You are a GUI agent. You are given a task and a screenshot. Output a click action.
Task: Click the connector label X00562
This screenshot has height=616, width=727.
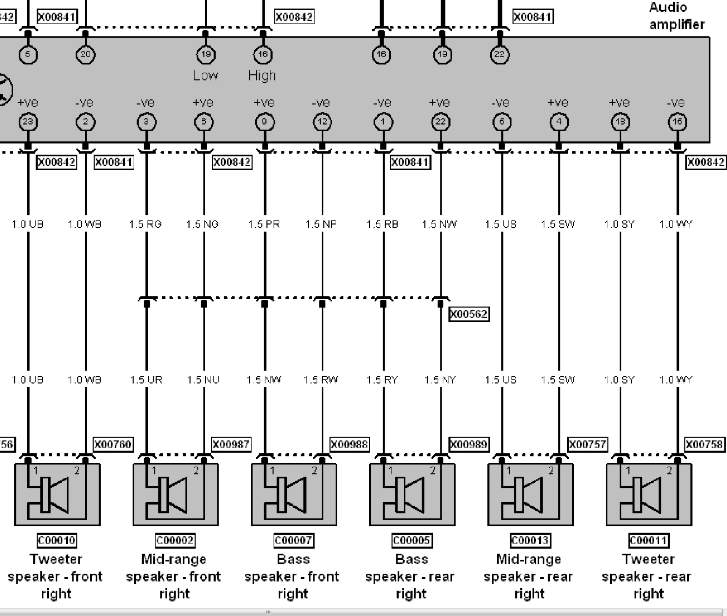tap(469, 314)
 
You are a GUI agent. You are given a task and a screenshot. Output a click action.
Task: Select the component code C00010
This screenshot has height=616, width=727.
tap(57, 540)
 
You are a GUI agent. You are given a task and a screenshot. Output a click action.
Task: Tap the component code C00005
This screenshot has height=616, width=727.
tap(411, 540)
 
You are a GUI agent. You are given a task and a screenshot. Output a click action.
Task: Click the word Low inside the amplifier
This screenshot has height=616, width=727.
tap(206, 76)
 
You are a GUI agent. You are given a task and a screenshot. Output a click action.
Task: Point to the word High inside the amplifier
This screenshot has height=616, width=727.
tap(262, 76)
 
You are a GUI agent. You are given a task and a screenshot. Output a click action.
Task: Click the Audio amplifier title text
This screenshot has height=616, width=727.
tap(676, 16)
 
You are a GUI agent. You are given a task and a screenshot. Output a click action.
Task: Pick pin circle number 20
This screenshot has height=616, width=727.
tap(85, 54)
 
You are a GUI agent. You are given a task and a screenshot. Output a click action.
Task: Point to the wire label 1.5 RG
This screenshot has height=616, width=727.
tap(146, 224)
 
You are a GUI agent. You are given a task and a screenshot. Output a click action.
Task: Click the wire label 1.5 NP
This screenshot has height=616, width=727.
tap(321, 224)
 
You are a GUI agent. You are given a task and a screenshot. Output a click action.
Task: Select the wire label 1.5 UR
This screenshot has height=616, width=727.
tap(146, 379)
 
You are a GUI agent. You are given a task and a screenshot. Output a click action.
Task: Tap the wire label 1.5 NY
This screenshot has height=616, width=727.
tap(440, 379)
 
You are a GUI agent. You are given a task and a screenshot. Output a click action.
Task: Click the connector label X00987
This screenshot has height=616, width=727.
tap(231, 444)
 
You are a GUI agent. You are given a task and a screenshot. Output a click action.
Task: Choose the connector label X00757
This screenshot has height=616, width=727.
tap(587, 444)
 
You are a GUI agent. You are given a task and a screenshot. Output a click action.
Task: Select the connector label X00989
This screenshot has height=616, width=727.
tap(469, 444)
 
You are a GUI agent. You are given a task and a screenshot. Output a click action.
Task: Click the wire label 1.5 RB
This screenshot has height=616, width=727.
tap(382, 224)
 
